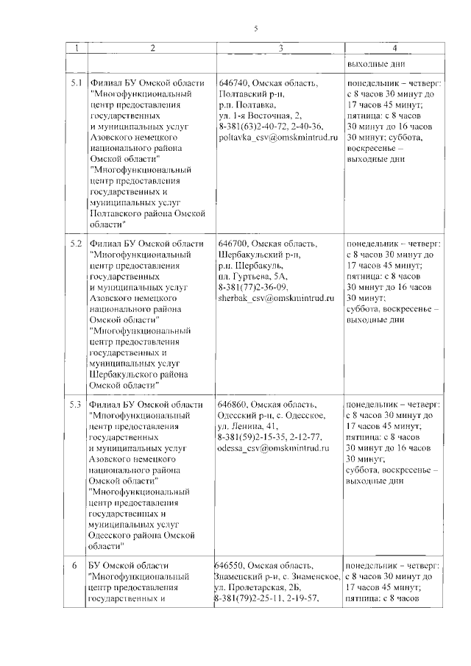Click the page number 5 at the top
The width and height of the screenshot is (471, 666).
[x=255, y=28]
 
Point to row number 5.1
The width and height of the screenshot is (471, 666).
[x=77, y=83]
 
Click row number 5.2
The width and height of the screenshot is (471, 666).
[x=77, y=244]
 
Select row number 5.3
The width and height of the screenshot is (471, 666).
[x=77, y=404]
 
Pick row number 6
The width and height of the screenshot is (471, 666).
[x=74, y=564]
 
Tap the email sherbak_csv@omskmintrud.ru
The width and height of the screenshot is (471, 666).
[x=276, y=298]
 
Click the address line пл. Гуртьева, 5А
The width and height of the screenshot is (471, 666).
[x=253, y=276]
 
